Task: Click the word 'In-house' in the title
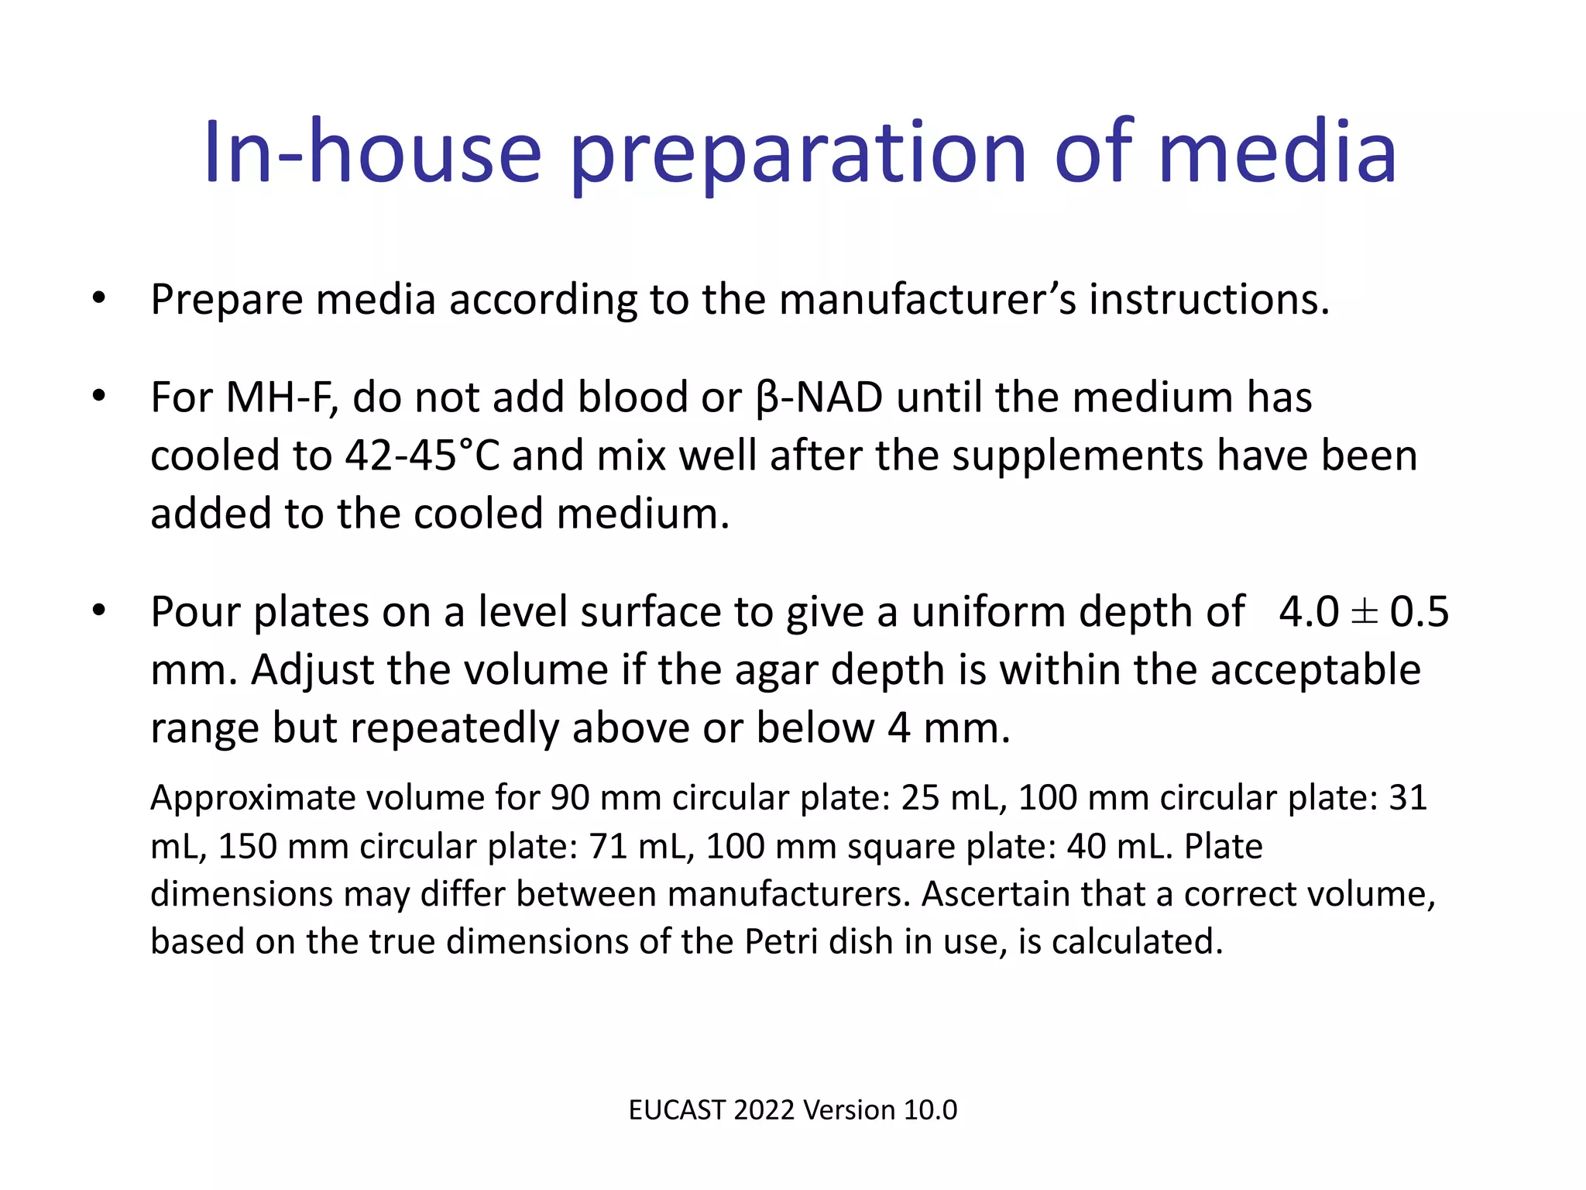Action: (x=372, y=153)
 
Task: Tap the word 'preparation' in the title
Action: (x=798, y=155)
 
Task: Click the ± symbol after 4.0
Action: (x=1364, y=613)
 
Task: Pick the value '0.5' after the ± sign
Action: (x=1419, y=613)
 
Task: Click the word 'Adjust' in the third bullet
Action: (x=312, y=670)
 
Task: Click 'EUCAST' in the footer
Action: (x=676, y=1110)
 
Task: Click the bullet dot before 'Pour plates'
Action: (x=98, y=611)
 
